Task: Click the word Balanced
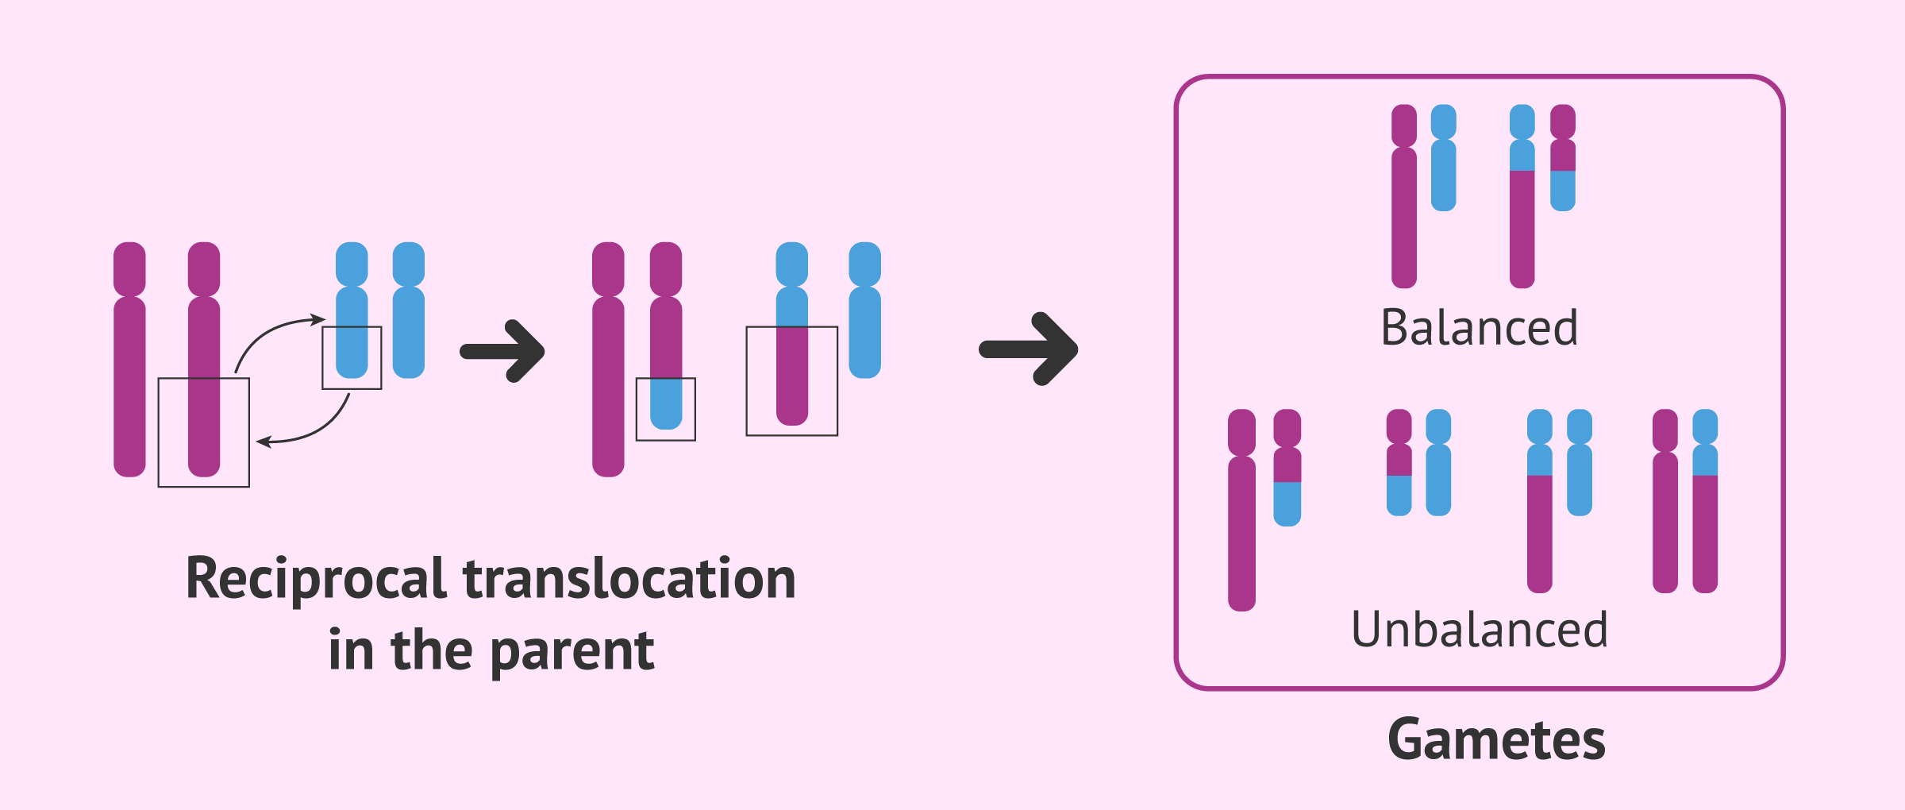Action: coord(1480,327)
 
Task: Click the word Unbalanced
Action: coord(1480,630)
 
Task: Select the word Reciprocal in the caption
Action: coord(316,579)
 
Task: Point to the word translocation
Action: coord(629,577)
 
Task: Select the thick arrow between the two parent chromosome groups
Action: coord(503,351)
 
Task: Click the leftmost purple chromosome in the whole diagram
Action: coord(129,359)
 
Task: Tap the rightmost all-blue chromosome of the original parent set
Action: coord(409,310)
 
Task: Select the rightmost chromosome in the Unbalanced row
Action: coord(1705,500)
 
